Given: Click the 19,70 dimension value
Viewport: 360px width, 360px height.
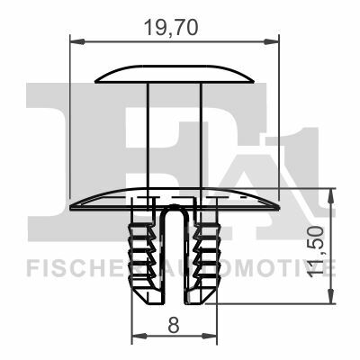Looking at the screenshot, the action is (171, 28).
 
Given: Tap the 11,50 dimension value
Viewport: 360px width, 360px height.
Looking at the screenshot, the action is (316, 252).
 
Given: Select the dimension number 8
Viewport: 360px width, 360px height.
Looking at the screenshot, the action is (174, 326).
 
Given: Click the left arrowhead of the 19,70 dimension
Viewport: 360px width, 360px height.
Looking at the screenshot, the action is (77, 41).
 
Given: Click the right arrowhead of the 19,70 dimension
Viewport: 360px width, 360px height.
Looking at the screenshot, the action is (271, 41).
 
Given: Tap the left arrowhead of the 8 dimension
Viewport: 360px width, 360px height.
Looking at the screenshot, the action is (139, 336).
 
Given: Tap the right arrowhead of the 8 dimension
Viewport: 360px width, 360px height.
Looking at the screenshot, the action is (209, 336).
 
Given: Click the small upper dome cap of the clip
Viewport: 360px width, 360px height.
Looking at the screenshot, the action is (175, 74).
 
